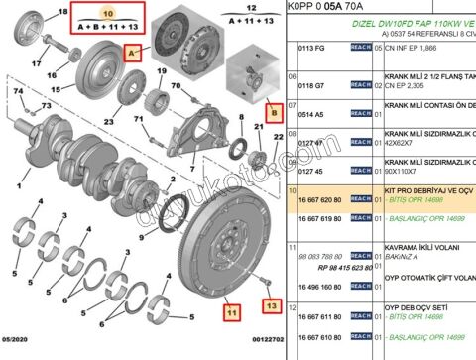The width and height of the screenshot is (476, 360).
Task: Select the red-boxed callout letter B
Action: (x=275, y=113)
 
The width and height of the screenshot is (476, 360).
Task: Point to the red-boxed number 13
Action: (x=271, y=308)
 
